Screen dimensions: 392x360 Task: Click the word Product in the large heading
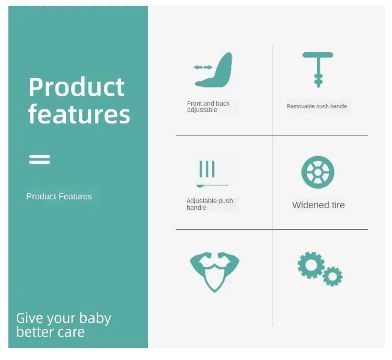[76, 87]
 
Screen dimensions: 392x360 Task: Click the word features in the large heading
[79, 114]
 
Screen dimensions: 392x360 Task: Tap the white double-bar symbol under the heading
[40, 159]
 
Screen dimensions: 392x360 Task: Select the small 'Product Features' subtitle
[59, 197]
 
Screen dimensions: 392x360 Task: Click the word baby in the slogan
[95, 319]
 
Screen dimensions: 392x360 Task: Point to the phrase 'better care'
[51, 332]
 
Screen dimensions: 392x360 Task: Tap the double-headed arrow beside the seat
[203, 67]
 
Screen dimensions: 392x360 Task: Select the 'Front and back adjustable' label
[208, 107]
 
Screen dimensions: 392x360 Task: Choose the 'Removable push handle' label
[317, 106]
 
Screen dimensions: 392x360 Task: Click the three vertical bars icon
[207, 169]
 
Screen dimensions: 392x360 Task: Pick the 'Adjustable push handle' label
[210, 204]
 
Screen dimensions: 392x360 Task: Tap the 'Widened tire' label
[318, 205]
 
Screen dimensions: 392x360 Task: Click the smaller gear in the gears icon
[326, 277]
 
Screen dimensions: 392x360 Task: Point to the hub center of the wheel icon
[318, 172]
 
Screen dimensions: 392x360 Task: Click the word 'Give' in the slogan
[30, 318]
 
